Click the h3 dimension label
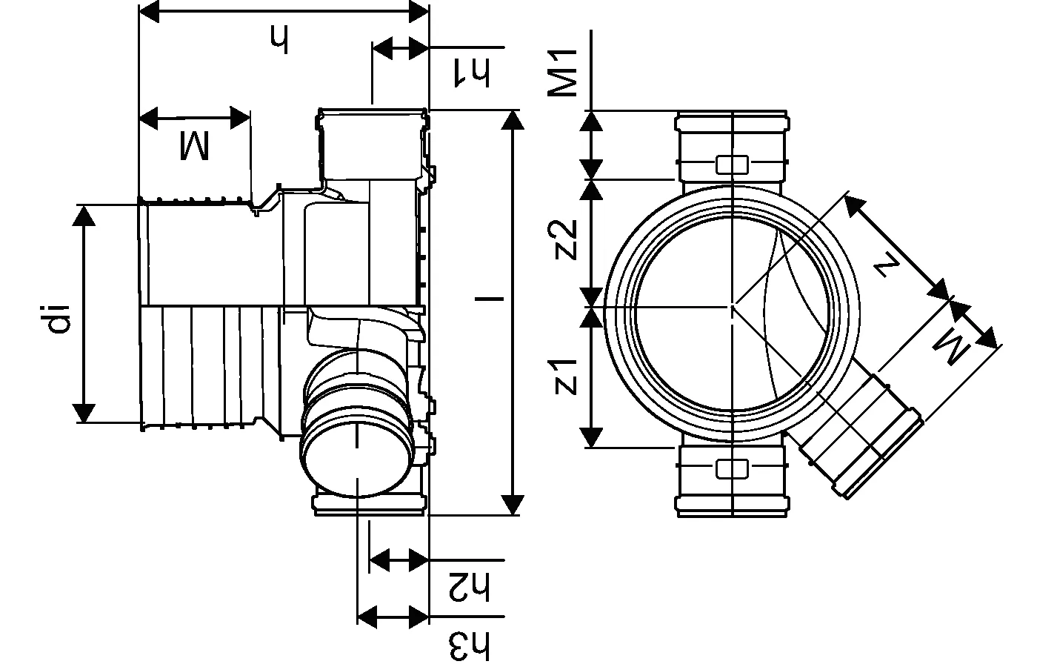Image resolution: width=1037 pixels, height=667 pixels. pos(470,645)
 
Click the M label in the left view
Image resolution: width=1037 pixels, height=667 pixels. pos(194,145)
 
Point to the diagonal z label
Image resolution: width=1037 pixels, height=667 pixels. pos(887,263)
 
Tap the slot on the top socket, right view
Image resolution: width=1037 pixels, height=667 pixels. pos(732,164)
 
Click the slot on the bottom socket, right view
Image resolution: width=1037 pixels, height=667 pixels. pos(732,468)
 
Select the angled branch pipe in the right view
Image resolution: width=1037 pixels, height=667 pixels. pos(859,437)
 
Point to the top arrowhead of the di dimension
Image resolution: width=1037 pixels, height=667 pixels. pos(84,214)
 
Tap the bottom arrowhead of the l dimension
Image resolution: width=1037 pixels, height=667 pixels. pos(512,504)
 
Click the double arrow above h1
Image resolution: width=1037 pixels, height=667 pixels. pos(400,48)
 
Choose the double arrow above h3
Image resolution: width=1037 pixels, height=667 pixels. pos(393,615)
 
